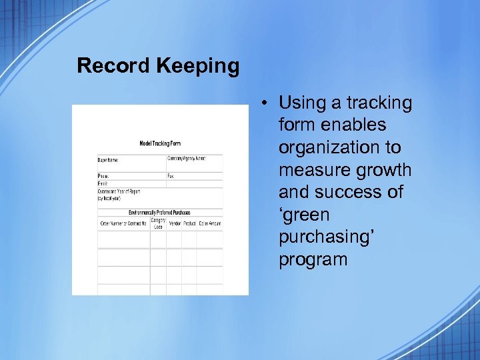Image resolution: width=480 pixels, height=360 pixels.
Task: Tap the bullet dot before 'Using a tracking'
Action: click(265, 103)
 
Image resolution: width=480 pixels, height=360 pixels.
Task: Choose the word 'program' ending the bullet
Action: click(313, 259)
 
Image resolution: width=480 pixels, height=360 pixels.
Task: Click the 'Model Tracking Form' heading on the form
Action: click(160, 143)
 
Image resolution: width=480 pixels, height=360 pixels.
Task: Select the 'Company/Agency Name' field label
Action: click(187, 159)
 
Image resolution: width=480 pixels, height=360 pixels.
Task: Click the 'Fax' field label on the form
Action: click(171, 176)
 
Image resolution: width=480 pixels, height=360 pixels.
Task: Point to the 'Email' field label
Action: click(103, 183)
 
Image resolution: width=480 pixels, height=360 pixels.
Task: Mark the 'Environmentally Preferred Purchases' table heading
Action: click(159, 213)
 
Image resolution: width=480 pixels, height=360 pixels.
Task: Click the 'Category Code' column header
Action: click(158, 223)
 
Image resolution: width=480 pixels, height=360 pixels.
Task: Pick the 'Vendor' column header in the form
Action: click(175, 223)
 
